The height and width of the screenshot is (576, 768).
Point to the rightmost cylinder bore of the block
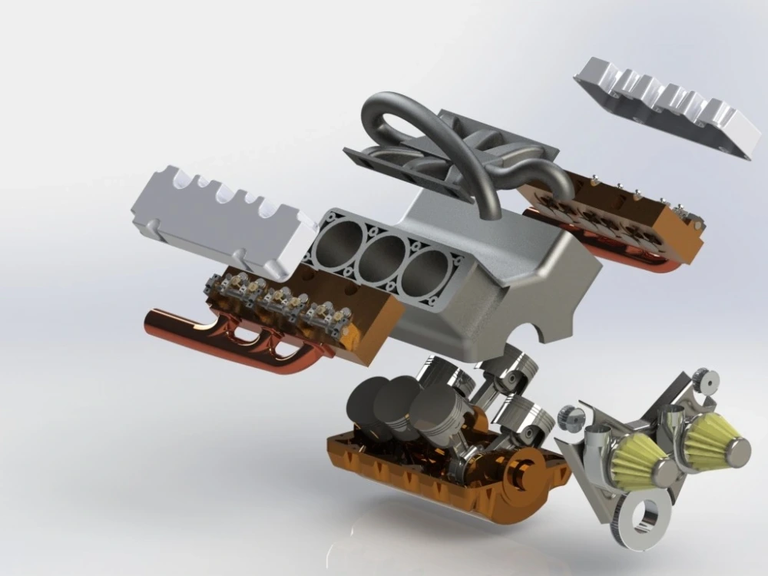pos(424,271)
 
